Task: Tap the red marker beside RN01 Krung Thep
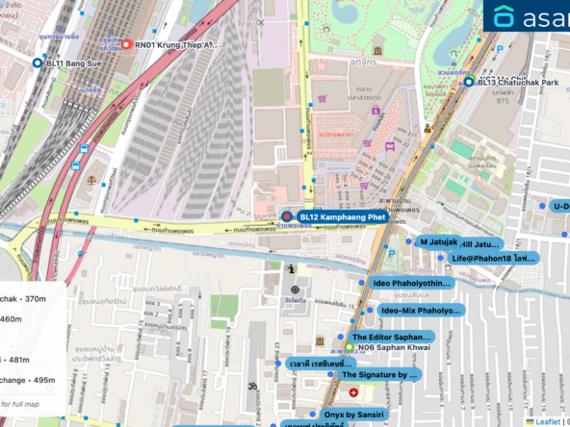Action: pyautogui.click(x=126, y=44)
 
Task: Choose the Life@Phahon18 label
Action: pyautogui.click(x=493, y=259)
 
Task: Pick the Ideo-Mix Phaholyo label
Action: pyautogui.click(x=420, y=311)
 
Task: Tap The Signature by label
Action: pyautogui.click(x=380, y=374)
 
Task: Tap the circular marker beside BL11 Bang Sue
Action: pyautogui.click(x=38, y=63)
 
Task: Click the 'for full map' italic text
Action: pyautogui.click(x=19, y=403)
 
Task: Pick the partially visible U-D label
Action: pyautogui.click(x=559, y=206)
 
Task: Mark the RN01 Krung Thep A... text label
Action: pyautogui.click(x=177, y=44)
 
